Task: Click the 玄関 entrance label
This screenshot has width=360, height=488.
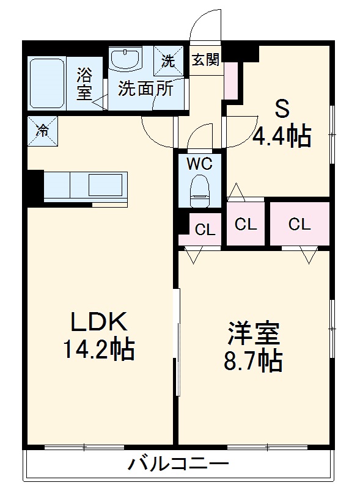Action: click(x=205, y=60)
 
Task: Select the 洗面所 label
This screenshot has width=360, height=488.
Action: click(x=146, y=89)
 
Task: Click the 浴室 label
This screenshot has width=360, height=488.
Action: click(x=84, y=85)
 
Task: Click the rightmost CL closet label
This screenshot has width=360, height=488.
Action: click(x=299, y=224)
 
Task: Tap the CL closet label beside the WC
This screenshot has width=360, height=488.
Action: click(x=205, y=230)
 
